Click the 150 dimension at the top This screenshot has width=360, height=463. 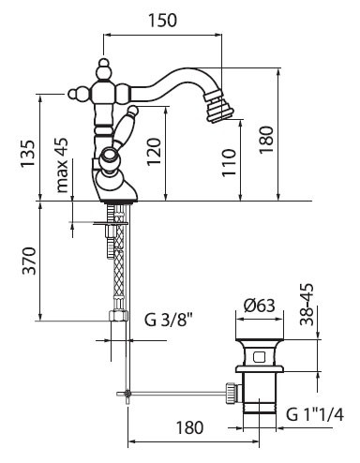tap(162, 21)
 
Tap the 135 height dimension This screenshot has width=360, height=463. tap(28, 154)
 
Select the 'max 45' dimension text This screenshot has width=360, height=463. tap(62, 165)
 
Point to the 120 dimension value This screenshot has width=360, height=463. tap(154, 152)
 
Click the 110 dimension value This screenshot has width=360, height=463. tap(229, 162)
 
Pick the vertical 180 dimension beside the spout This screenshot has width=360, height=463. tap(266, 140)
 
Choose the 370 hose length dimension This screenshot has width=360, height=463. tap(29, 261)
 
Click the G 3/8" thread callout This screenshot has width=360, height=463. tap(168, 320)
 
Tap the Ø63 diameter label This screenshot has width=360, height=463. tap(260, 306)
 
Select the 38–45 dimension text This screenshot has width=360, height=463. tap(307, 305)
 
